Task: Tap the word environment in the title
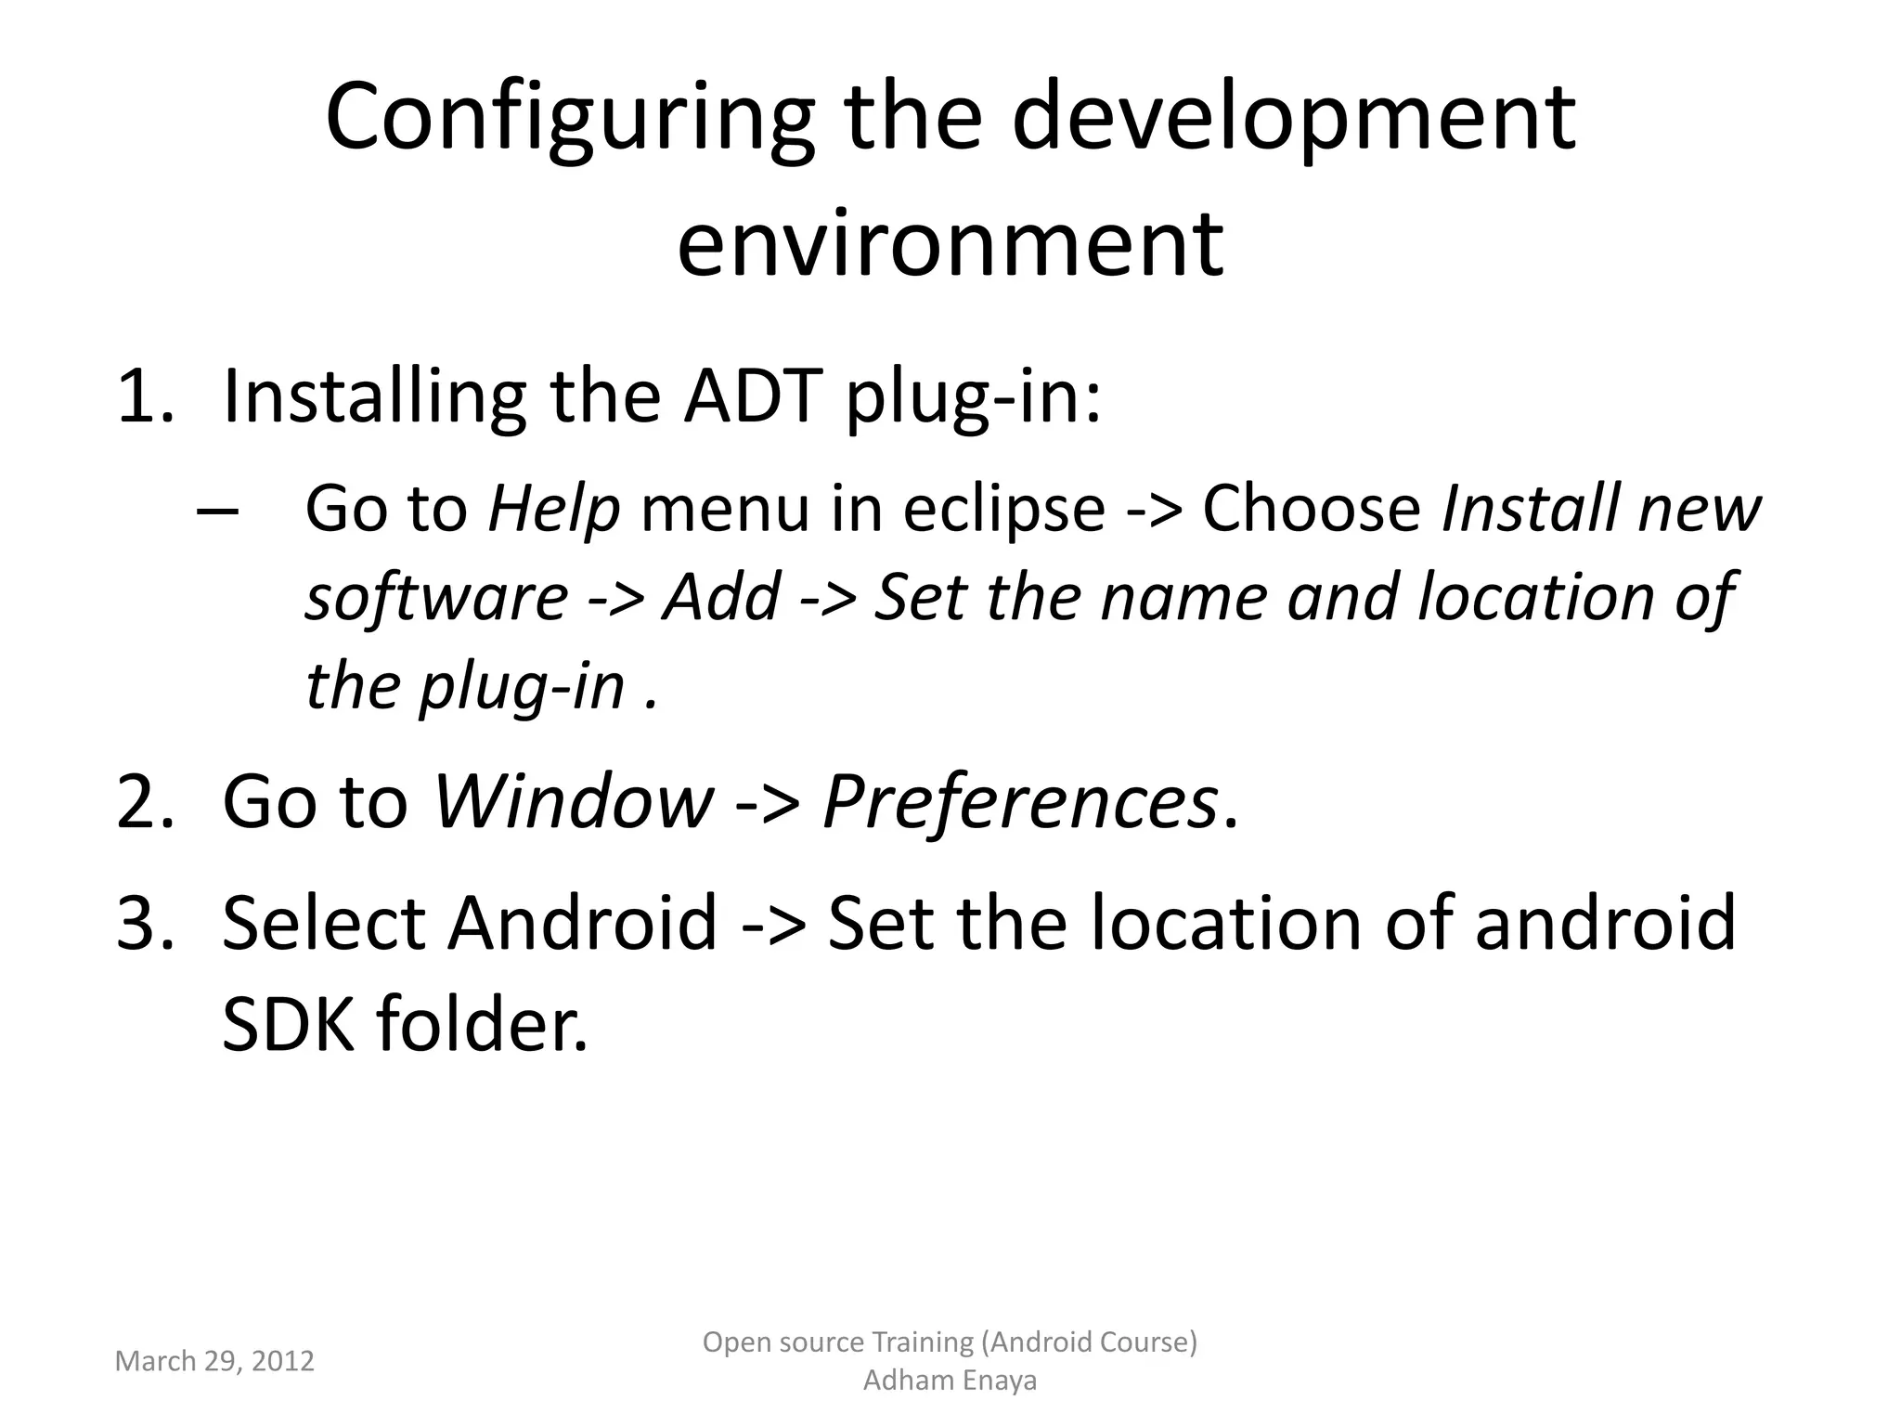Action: pos(950,243)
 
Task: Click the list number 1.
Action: pos(145,396)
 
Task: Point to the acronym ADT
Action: pos(753,396)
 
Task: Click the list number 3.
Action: pos(145,923)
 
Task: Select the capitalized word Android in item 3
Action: pos(582,923)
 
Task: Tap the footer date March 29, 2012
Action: pos(214,1361)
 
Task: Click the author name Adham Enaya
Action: pos(950,1381)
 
